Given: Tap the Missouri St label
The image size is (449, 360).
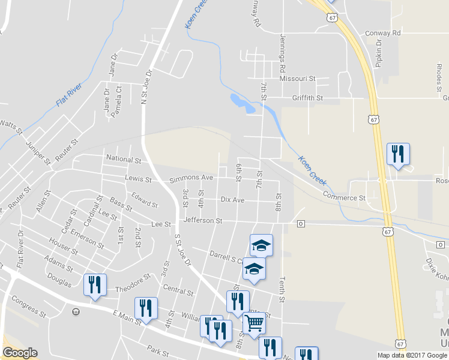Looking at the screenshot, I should pyautogui.click(x=297, y=79).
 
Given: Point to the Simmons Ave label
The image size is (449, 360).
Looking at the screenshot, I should pyautogui.click(x=191, y=178).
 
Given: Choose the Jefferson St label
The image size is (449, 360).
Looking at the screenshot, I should pyautogui.click(x=203, y=221).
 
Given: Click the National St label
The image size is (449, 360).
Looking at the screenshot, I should pyautogui.click(x=122, y=160).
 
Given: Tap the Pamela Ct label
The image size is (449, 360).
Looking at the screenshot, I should pyautogui.click(x=119, y=96).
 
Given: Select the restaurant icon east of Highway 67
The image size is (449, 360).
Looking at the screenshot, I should pyautogui.click(x=397, y=154).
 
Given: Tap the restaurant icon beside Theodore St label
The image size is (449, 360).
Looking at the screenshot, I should pyautogui.click(x=95, y=285).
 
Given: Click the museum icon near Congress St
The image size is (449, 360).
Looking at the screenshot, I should pyautogui.click(x=76, y=311).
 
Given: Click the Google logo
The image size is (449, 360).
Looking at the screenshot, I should pyautogui.click(x=20, y=353).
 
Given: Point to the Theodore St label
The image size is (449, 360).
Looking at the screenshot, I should pyautogui.click(x=131, y=280).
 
